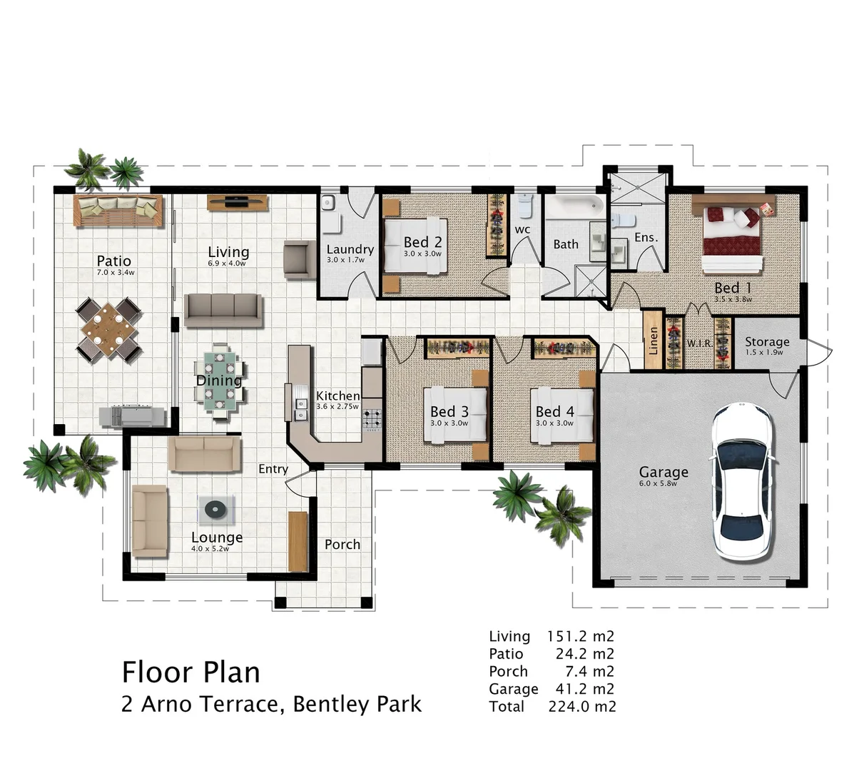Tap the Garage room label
click(x=663, y=471)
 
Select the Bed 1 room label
click(x=733, y=288)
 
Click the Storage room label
click(x=767, y=341)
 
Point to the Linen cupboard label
click(x=653, y=341)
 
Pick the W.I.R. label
click(x=699, y=343)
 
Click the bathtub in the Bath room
click(x=574, y=206)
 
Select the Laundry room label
click(x=350, y=249)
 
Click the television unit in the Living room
click(x=238, y=202)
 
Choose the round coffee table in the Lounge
click(x=215, y=508)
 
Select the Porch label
click(x=342, y=544)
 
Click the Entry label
click(x=273, y=469)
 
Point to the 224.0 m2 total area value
click(x=581, y=706)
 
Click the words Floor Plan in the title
click(x=190, y=672)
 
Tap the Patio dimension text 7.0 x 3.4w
click(x=116, y=272)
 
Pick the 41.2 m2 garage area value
click(x=584, y=689)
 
